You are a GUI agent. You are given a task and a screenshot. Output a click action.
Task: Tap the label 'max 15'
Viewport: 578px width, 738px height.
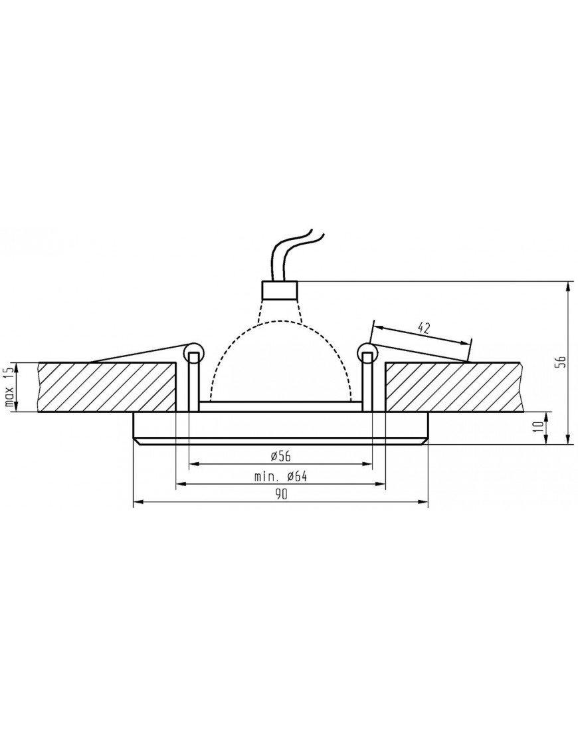pos(9,388)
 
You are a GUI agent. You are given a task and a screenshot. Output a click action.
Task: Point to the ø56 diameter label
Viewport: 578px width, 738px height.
pos(280,455)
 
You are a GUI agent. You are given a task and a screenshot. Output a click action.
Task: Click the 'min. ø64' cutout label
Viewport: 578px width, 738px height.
pos(280,476)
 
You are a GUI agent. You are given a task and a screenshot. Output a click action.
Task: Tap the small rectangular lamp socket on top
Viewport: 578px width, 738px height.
pos(280,290)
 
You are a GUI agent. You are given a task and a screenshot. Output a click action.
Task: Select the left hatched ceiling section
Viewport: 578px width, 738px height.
pos(106,387)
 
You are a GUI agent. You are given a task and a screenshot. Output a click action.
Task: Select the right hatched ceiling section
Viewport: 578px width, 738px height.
pos(452,387)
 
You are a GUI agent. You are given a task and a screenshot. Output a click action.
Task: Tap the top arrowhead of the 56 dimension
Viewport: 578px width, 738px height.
pos(568,286)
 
